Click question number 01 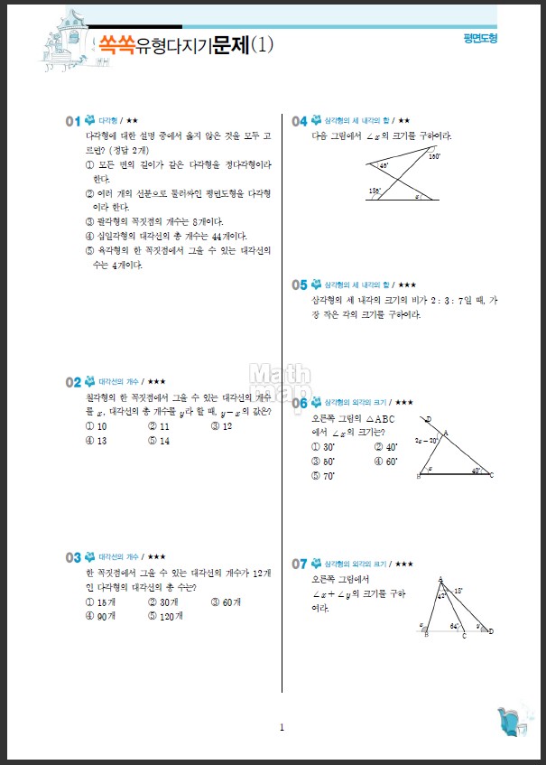(x=72, y=120)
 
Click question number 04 (x=300, y=120)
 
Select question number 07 (x=300, y=564)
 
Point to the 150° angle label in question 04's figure (x=434, y=157)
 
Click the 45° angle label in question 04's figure (x=384, y=166)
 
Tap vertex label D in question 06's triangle (x=428, y=418)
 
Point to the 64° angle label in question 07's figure (x=454, y=625)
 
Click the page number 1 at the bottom (x=282, y=727)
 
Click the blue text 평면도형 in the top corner (x=479, y=39)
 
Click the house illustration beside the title (x=63, y=41)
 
